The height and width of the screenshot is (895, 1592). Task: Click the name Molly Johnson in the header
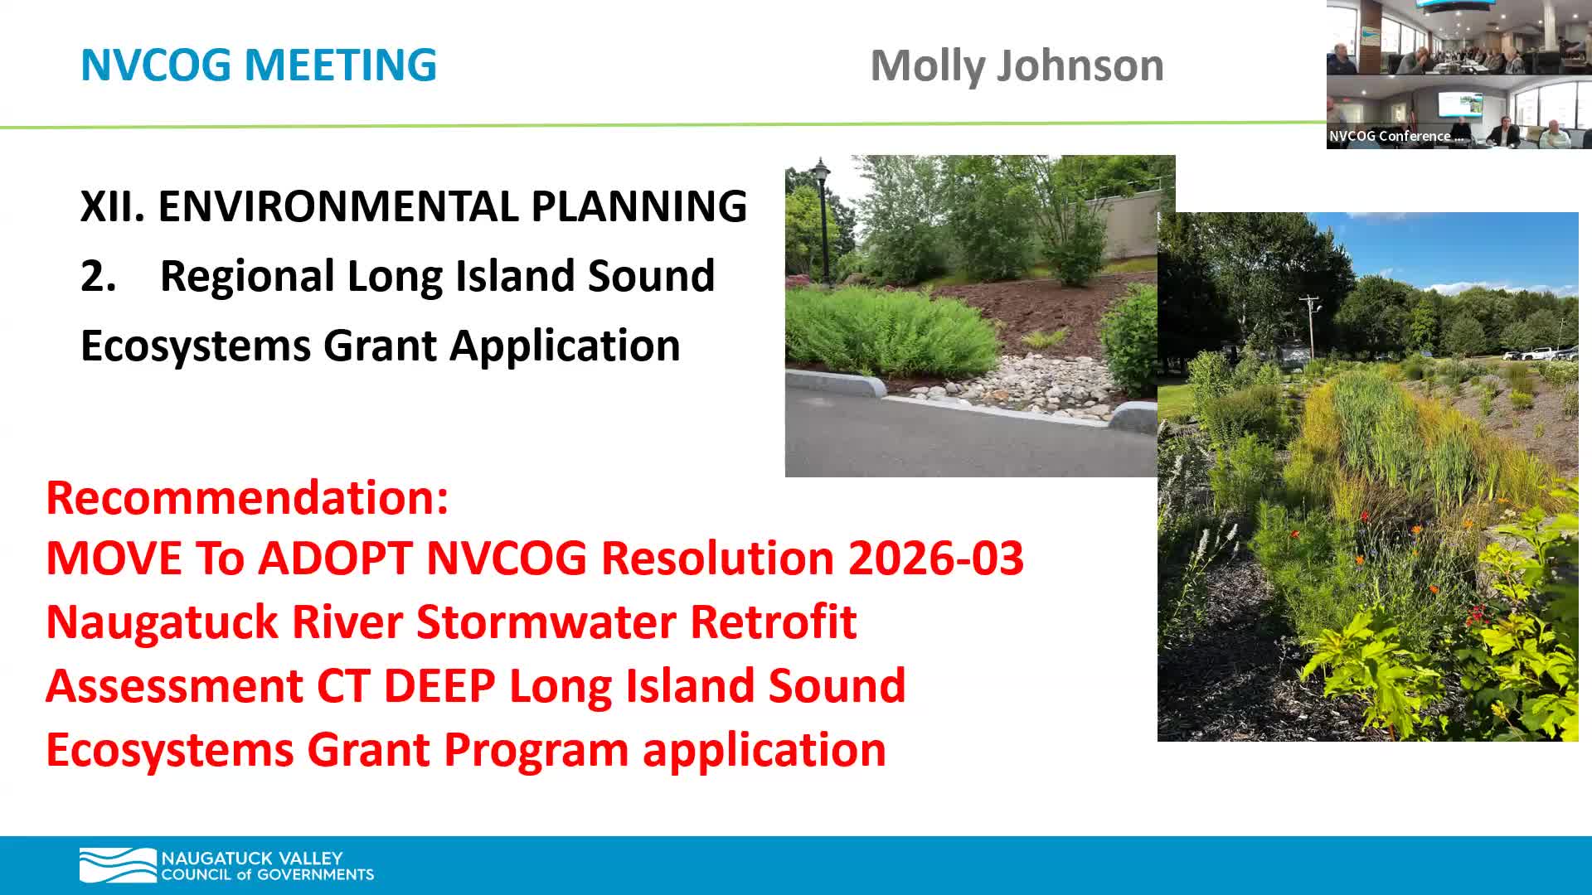pos(1017,65)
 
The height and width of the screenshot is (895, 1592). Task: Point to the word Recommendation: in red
pos(247,497)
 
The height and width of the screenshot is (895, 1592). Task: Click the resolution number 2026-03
pos(935,558)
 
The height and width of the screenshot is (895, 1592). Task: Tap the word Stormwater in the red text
pos(546,622)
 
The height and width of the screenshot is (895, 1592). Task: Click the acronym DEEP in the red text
pos(439,685)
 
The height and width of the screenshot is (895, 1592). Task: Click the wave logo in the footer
pos(117,865)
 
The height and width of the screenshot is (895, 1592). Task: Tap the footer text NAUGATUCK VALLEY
pos(252,858)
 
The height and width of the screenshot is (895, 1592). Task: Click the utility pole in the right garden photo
pos(1309,327)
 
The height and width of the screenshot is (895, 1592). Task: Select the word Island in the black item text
pos(518,276)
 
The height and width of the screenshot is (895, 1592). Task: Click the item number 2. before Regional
pos(98,276)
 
